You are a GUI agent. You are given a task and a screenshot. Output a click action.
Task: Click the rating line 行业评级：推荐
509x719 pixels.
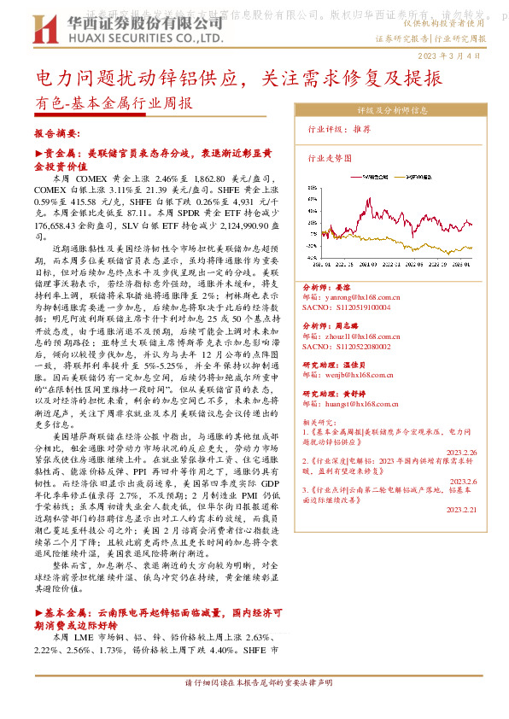[x=339, y=128]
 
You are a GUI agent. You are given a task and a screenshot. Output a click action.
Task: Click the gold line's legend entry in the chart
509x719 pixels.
[x=422, y=178]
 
